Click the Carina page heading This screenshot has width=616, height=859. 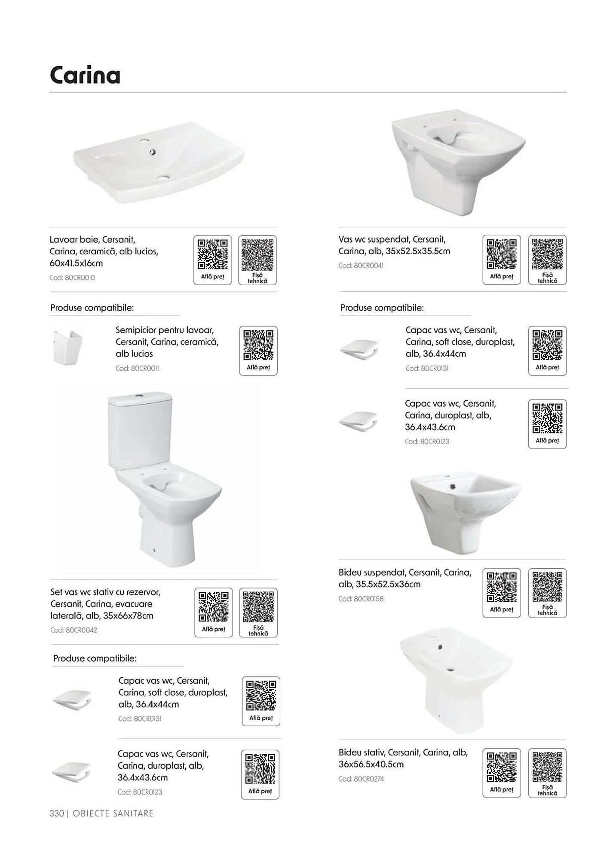tap(85, 75)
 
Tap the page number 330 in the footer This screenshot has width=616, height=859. tap(57, 813)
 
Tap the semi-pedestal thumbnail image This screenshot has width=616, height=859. tap(67, 347)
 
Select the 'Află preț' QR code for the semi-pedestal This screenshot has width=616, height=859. tap(258, 345)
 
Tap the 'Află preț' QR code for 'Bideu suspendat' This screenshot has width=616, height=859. tap(502, 587)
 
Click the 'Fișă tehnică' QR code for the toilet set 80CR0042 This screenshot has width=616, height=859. tap(258, 607)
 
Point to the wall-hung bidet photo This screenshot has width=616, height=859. tap(465, 514)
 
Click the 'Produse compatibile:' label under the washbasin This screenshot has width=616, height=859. tap(92, 308)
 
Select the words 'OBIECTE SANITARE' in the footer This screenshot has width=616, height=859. tap(113, 813)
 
